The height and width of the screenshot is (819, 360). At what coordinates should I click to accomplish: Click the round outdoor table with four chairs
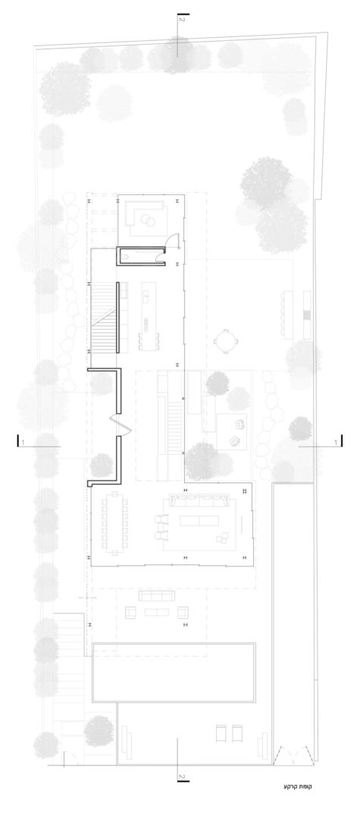[226, 341]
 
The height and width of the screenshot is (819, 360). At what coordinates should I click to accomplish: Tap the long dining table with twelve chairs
[114, 522]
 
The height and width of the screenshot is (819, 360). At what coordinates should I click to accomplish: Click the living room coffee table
[199, 521]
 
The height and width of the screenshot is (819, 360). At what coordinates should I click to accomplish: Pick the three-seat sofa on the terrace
[156, 595]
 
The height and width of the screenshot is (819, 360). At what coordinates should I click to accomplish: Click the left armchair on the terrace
[130, 612]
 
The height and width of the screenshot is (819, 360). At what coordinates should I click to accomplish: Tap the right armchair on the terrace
[183, 612]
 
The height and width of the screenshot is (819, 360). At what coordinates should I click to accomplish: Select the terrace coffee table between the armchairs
[157, 612]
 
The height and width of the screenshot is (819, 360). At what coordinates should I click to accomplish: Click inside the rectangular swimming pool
[174, 672]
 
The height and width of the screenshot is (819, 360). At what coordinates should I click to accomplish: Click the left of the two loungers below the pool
[221, 733]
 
